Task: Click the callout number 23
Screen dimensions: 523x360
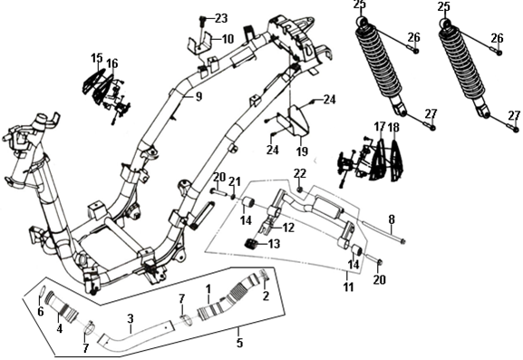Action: (221, 18)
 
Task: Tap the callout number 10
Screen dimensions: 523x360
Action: (228, 39)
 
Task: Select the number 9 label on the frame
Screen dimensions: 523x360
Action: (199, 97)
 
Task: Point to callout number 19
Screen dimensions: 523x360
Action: (302, 151)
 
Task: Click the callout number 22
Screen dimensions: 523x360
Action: (299, 173)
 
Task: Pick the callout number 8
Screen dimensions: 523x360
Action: (392, 219)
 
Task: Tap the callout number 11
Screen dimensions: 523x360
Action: (349, 287)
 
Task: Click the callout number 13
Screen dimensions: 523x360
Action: (274, 244)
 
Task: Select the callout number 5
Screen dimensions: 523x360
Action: (239, 343)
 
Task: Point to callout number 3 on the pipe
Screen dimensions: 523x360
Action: (131, 318)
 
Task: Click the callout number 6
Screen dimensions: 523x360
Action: (41, 312)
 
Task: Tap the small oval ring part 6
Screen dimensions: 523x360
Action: (42, 291)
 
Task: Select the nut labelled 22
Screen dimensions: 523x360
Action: (299, 190)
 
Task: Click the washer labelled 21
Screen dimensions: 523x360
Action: (234, 196)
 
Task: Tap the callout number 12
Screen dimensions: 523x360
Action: (288, 228)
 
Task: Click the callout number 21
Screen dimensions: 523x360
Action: (235, 182)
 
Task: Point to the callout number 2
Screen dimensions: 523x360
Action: (266, 296)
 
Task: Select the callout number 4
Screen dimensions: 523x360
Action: (60, 328)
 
